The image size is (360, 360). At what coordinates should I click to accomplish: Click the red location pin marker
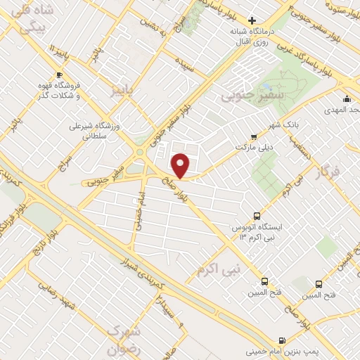point(181,166)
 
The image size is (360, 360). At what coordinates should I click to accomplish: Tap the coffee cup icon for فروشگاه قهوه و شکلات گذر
point(59,75)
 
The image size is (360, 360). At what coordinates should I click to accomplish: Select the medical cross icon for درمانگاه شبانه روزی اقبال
point(252,21)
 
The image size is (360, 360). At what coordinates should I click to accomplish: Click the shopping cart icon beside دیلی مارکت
point(254,137)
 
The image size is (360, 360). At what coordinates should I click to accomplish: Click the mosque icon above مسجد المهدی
point(347,98)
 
